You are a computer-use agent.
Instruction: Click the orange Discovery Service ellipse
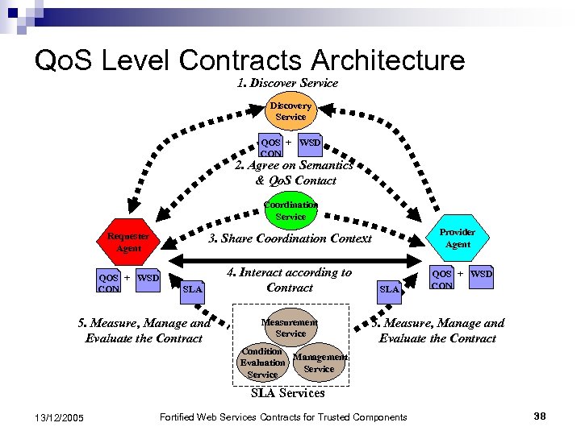(x=290, y=111)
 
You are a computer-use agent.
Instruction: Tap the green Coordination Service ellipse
(x=290, y=210)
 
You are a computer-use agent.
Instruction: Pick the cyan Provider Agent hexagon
(x=458, y=238)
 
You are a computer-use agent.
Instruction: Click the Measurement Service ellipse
(x=290, y=327)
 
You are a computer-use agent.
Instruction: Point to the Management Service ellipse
(x=319, y=362)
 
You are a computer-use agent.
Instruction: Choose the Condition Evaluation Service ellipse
(x=263, y=363)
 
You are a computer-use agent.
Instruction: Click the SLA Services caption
(x=288, y=393)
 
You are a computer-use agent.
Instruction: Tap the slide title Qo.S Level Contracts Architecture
(x=249, y=60)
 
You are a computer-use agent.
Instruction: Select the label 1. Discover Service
(x=288, y=83)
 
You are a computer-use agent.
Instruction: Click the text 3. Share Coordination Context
(x=290, y=238)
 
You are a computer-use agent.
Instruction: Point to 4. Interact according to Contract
(x=289, y=280)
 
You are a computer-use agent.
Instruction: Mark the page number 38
(x=540, y=416)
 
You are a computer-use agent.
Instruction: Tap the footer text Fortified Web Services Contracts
(x=284, y=416)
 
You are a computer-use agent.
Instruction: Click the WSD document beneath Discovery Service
(x=310, y=143)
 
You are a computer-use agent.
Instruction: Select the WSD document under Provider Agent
(x=482, y=275)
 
